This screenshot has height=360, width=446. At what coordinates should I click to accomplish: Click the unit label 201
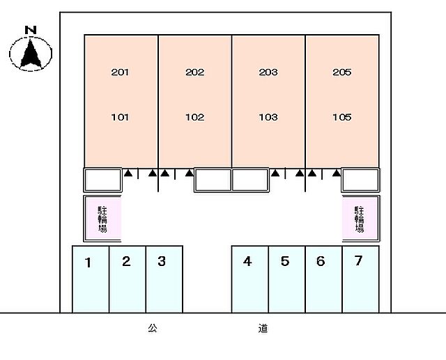coord(120,72)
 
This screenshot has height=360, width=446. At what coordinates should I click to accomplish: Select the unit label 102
coord(195,117)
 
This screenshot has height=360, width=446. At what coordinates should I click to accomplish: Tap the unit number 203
coord(268,72)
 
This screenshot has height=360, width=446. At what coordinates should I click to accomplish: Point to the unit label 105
coord(342,117)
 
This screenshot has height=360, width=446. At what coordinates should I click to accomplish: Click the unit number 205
coord(342,72)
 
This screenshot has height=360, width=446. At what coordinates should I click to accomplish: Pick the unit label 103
coord(268,117)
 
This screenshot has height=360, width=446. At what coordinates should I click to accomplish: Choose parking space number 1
coord(89,263)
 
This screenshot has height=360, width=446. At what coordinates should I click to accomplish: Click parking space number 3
coord(162,261)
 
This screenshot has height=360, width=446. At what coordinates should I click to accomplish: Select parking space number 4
coord(247,261)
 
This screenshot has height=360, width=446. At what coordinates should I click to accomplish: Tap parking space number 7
coord(358,260)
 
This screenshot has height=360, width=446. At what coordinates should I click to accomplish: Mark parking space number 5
coord(285,261)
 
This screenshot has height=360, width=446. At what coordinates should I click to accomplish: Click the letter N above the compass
coord(31,30)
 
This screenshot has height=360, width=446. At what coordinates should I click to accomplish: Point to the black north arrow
coord(31,54)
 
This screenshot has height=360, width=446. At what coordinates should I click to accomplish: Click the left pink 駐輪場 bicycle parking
coord(102,219)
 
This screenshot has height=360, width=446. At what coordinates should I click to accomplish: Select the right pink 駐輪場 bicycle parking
coord(360,219)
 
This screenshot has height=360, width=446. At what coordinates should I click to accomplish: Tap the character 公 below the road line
coord(153,328)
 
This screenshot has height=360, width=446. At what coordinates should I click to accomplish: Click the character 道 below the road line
coord(263,328)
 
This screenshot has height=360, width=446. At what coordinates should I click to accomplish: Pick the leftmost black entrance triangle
coord(128,173)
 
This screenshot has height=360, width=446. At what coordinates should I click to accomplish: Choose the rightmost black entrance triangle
coord(337,173)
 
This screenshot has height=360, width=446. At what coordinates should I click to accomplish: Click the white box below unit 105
coord(360,180)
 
